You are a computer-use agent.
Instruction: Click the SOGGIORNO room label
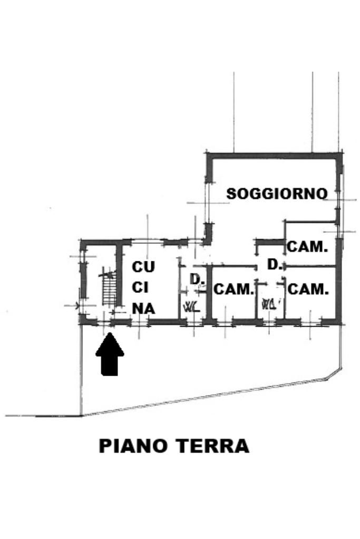click(x=277, y=193)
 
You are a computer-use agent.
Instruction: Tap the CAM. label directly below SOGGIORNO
click(x=307, y=246)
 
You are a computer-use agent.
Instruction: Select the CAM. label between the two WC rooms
click(x=233, y=289)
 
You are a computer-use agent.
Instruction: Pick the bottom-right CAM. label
click(x=308, y=289)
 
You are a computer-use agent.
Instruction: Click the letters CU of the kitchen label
click(x=143, y=267)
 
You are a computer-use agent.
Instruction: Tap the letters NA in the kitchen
click(x=143, y=309)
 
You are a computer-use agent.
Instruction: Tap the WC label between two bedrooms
click(x=269, y=303)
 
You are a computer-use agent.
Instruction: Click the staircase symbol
click(x=109, y=287)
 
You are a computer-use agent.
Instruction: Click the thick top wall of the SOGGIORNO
click(x=274, y=155)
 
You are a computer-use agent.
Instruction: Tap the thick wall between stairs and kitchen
click(x=120, y=279)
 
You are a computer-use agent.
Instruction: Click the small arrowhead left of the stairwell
click(x=77, y=305)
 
